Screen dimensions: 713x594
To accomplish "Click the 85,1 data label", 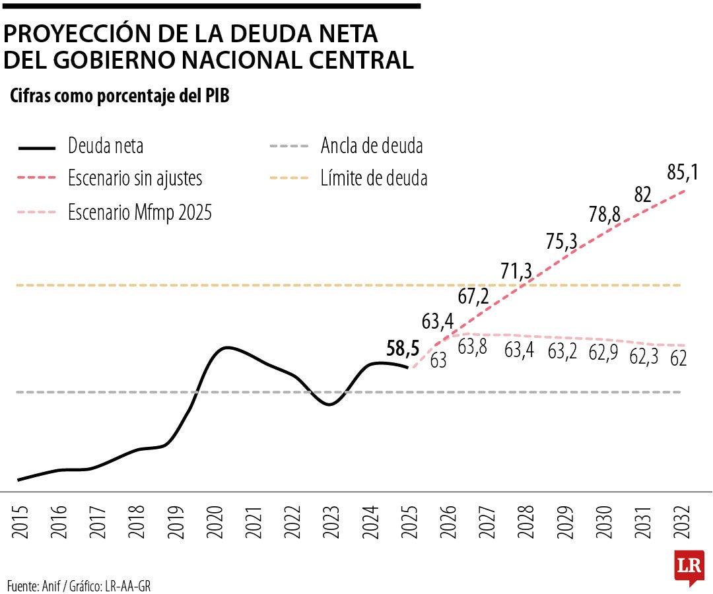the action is pyautogui.click(x=683, y=173).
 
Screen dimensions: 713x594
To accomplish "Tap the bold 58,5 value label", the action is pyautogui.click(x=403, y=348).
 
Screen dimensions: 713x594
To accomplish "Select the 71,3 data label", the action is pyautogui.click(x=516, y=271).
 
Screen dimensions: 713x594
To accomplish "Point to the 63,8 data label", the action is pyautogui.click(x=472, y=346).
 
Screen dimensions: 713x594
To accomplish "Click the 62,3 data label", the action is pyautogui.click(x=644, y=357).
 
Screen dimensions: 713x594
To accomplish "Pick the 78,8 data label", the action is pyautogui.click(x=604, y=214).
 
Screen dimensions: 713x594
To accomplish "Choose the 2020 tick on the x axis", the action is pyautogui.click(x=215, y=522).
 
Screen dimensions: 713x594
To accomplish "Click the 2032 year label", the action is pyautogui.click(x=681, y=522).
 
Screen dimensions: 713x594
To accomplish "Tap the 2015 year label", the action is pyautogui.click(x=20, y=522).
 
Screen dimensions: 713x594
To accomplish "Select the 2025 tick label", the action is pyautogui.click(x=409, y=522).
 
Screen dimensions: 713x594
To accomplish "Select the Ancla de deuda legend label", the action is pyautogui.click(x=372, y=146).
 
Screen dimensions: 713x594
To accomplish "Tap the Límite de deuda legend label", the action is pyautogui.click(x=374, y=178).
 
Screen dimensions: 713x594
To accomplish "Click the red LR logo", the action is pyautogui.click(x=689, y=567).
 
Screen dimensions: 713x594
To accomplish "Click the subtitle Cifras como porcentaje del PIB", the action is pyautogui.click(x=119, y=96).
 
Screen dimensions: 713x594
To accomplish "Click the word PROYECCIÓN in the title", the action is pyautogui.click(x=77, y=33).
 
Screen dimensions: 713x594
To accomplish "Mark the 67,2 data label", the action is pyautogui.click(x=473, y=296).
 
